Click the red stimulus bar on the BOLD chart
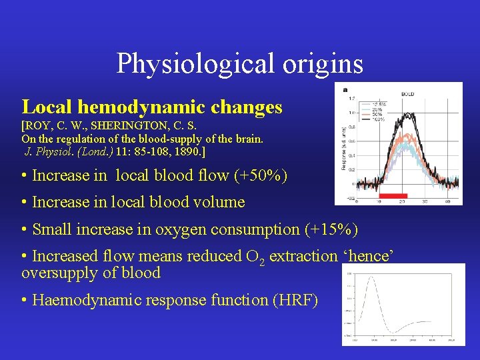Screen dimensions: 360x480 pos(393,196)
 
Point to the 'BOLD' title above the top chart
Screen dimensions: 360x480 pos(407,94)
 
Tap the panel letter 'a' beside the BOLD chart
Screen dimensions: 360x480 pos(345,89)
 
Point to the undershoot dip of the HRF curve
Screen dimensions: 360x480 pos(395,332)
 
